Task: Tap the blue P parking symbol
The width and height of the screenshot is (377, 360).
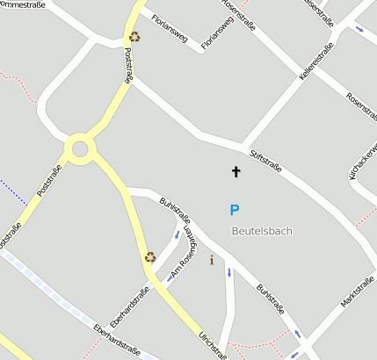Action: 234,210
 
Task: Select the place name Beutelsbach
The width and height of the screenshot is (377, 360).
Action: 262,231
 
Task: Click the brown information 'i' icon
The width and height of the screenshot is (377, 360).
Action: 211,260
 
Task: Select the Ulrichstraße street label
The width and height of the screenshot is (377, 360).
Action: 213,342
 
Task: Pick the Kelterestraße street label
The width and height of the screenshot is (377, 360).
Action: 315,64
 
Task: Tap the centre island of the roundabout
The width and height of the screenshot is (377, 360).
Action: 81,148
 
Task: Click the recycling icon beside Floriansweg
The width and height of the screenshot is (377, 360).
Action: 134,37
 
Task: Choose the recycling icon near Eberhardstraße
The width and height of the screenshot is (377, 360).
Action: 149,257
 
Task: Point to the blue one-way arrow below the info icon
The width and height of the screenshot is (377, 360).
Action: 229,273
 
